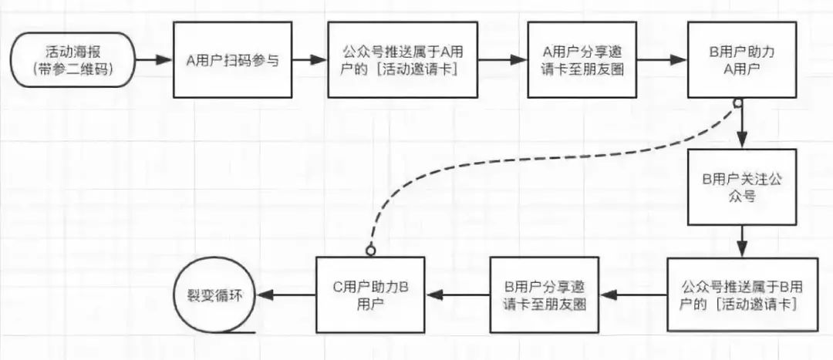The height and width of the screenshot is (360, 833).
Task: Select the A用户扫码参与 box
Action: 232,59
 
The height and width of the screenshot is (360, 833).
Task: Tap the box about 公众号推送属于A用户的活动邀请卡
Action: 402,59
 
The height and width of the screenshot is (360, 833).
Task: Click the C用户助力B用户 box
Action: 370,294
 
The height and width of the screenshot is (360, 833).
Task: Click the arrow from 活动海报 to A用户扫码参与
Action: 154,59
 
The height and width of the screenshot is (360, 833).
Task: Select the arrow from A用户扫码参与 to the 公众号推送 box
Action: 310,59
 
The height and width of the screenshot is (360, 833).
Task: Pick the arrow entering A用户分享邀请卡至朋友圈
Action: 502,59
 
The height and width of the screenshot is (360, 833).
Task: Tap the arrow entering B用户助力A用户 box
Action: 666,59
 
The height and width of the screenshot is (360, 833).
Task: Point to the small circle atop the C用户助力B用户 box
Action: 370,251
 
